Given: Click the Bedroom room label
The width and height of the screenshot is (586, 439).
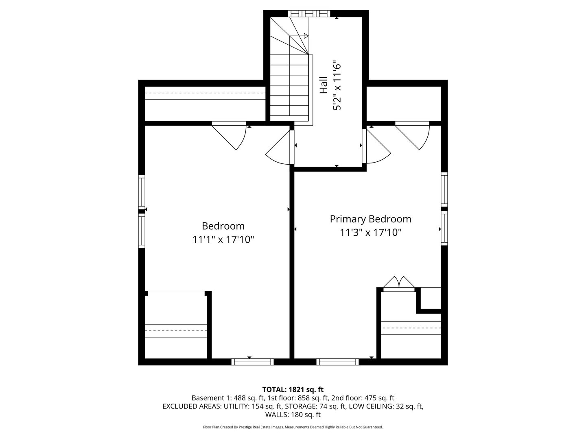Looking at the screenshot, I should point(223,226).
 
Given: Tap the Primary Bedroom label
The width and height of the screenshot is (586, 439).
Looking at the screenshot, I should point(370,219).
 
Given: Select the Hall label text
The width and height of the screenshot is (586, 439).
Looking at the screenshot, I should point(324,85).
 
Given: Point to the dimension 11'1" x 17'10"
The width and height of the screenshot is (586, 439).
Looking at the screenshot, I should point(223,240).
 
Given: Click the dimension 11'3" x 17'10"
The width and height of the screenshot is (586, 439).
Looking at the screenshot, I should point(370,233).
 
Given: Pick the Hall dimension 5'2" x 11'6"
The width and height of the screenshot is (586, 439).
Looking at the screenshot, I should point(337,85).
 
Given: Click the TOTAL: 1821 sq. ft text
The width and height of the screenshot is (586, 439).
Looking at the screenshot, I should point(293,389).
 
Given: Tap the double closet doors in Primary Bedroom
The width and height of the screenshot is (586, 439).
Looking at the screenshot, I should point(399,283).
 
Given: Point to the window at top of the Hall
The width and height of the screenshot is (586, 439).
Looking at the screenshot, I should point(309,13).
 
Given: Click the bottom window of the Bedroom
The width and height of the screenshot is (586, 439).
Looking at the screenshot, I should point(252,362).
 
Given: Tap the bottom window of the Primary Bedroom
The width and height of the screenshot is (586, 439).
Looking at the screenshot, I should point(337,362).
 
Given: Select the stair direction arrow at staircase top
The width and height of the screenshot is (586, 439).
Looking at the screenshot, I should point(305,36).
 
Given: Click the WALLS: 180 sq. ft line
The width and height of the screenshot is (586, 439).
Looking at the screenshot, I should point(293,415).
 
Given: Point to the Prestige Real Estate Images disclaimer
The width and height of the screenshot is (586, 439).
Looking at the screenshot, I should point(293,427).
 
